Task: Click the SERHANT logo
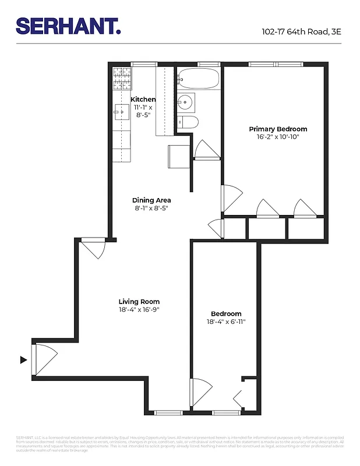click(68, 26)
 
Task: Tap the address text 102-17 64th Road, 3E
click(301, 31)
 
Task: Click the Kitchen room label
click(143, 100)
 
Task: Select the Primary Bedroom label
click(278, 129)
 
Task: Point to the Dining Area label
click(151, 200)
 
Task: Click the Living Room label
click(139, 302)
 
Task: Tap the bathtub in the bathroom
click(198, 78)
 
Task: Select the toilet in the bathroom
click(189, 122)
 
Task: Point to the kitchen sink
click(122, 111)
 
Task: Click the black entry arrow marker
click(24, 360)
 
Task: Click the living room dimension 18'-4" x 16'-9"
click(139, 310)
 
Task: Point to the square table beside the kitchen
click(178, 156)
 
